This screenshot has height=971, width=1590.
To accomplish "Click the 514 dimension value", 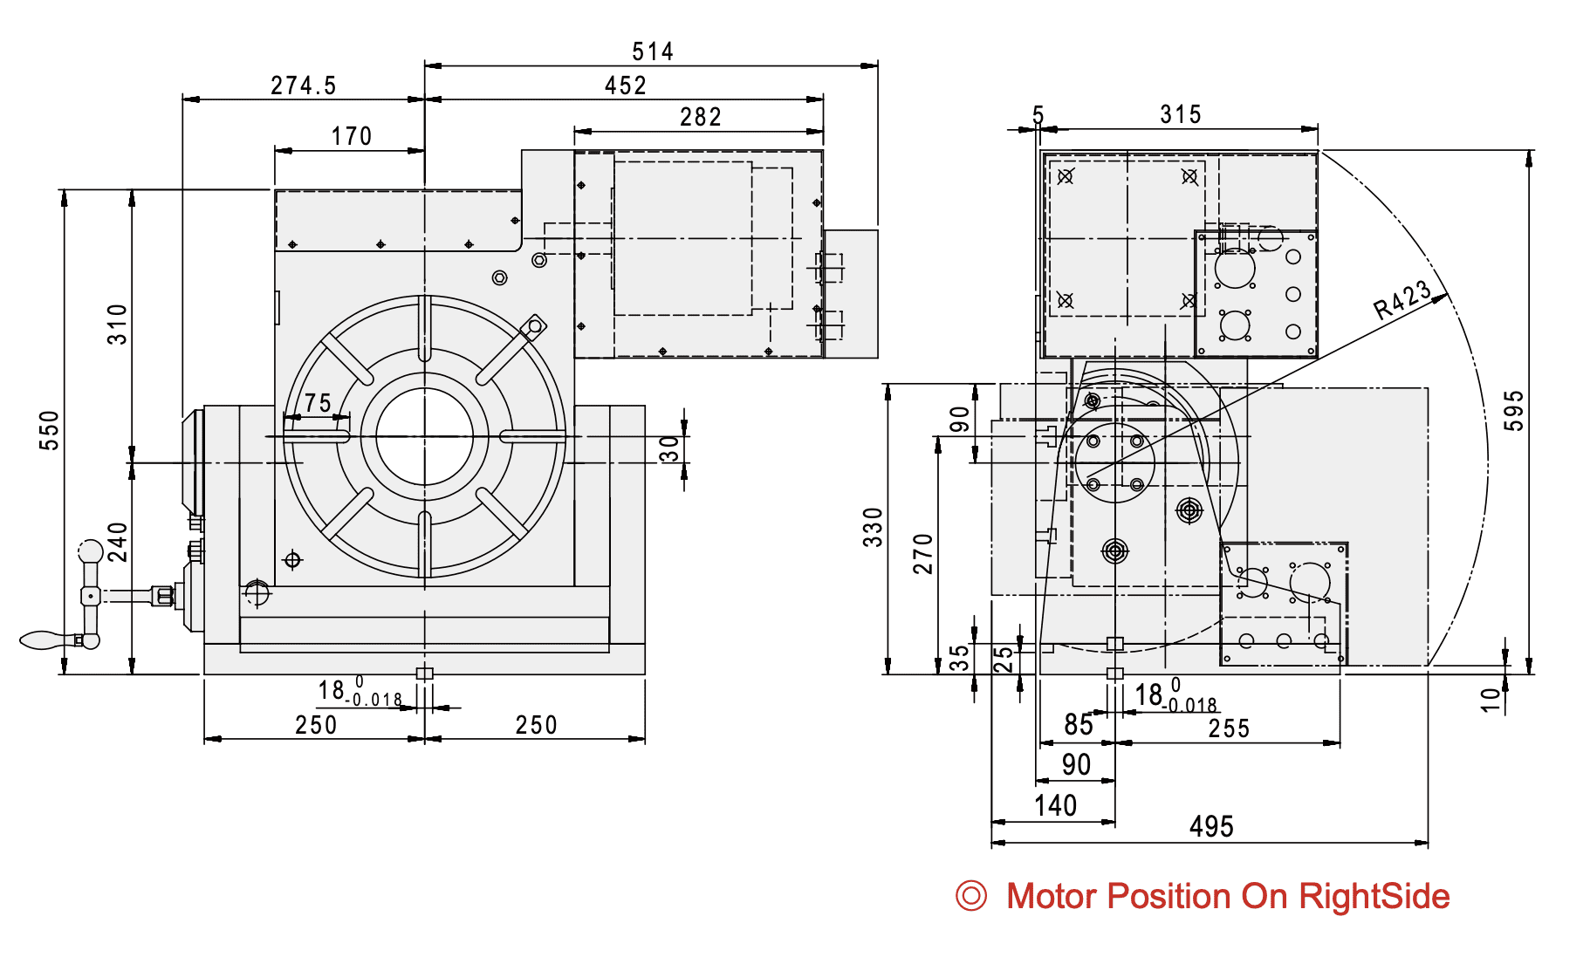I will tap(653, 52).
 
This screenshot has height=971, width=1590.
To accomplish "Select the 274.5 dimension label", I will tap(303, 85).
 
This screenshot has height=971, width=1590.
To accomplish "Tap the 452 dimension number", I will tap(626, 85).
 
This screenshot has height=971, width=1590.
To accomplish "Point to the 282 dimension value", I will tap(701, 117).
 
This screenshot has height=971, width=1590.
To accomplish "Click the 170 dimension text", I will tap(352, 136).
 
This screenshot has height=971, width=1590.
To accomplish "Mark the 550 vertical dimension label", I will tap(50, 430).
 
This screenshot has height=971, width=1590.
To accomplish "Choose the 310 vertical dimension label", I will tap(118, 325).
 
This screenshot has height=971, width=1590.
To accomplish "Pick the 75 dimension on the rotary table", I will tap(318, 403).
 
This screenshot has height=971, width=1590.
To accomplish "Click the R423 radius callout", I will tap(1402, 300).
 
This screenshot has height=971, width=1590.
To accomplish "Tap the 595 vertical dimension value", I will tap(1514, 410).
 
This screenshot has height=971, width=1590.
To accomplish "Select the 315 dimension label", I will tap(1181, 114).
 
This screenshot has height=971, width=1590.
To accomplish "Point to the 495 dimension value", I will tap(1211, 826).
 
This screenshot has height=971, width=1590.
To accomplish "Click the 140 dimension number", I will tap(1055, 805).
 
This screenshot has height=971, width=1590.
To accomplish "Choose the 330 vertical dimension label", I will tap(873, 528).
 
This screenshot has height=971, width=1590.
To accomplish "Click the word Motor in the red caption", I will tap(1051, 897).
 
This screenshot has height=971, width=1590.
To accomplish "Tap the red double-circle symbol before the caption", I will tap(971, 896).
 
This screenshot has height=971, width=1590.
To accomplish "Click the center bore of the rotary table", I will tap(424, 436).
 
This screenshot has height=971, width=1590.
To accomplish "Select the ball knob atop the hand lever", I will tap(91, 551).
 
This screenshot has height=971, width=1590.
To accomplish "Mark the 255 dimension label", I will tap(1229, 728).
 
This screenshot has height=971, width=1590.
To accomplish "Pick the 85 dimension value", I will tap(1079, 724).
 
